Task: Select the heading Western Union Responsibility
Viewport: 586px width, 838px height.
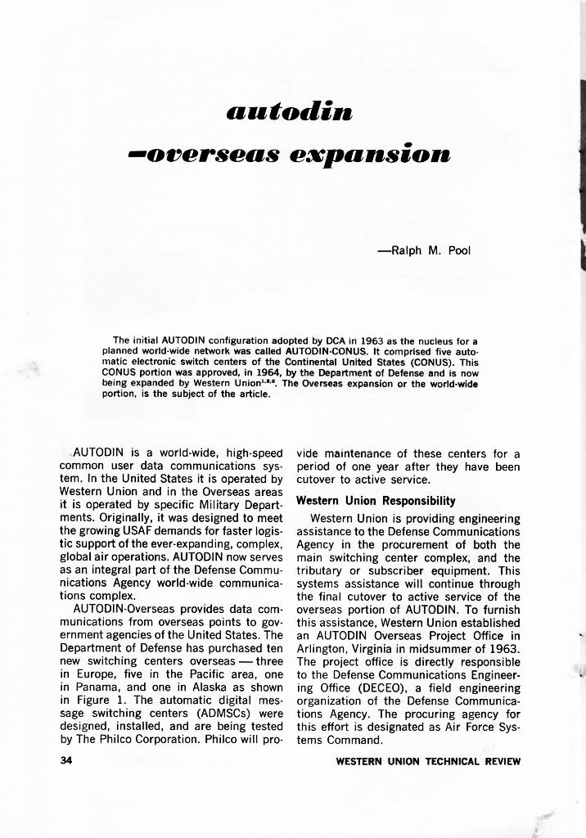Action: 376,501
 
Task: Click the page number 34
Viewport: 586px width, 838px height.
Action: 67,761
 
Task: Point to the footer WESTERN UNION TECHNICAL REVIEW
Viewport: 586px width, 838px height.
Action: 428,762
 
